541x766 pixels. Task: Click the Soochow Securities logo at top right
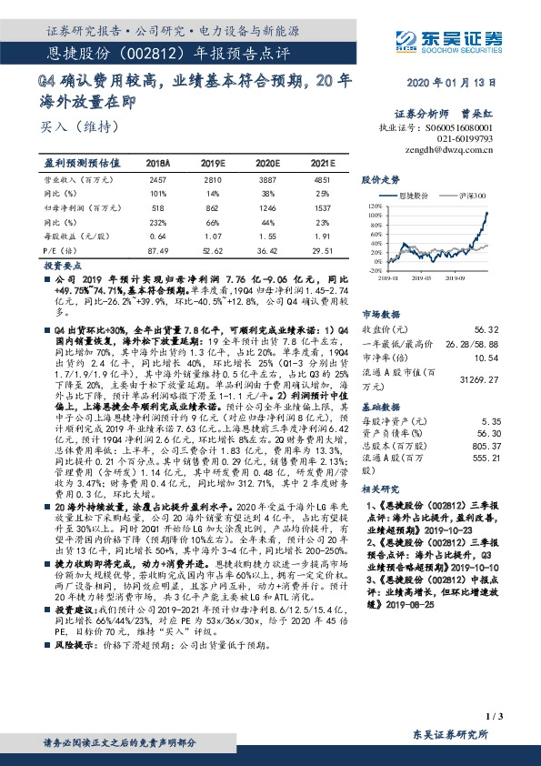coord(448,39)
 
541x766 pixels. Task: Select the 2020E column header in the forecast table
coord(268,162)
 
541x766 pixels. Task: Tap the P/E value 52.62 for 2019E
coord(214,251)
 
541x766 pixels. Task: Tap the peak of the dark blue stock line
coord(487,214)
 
